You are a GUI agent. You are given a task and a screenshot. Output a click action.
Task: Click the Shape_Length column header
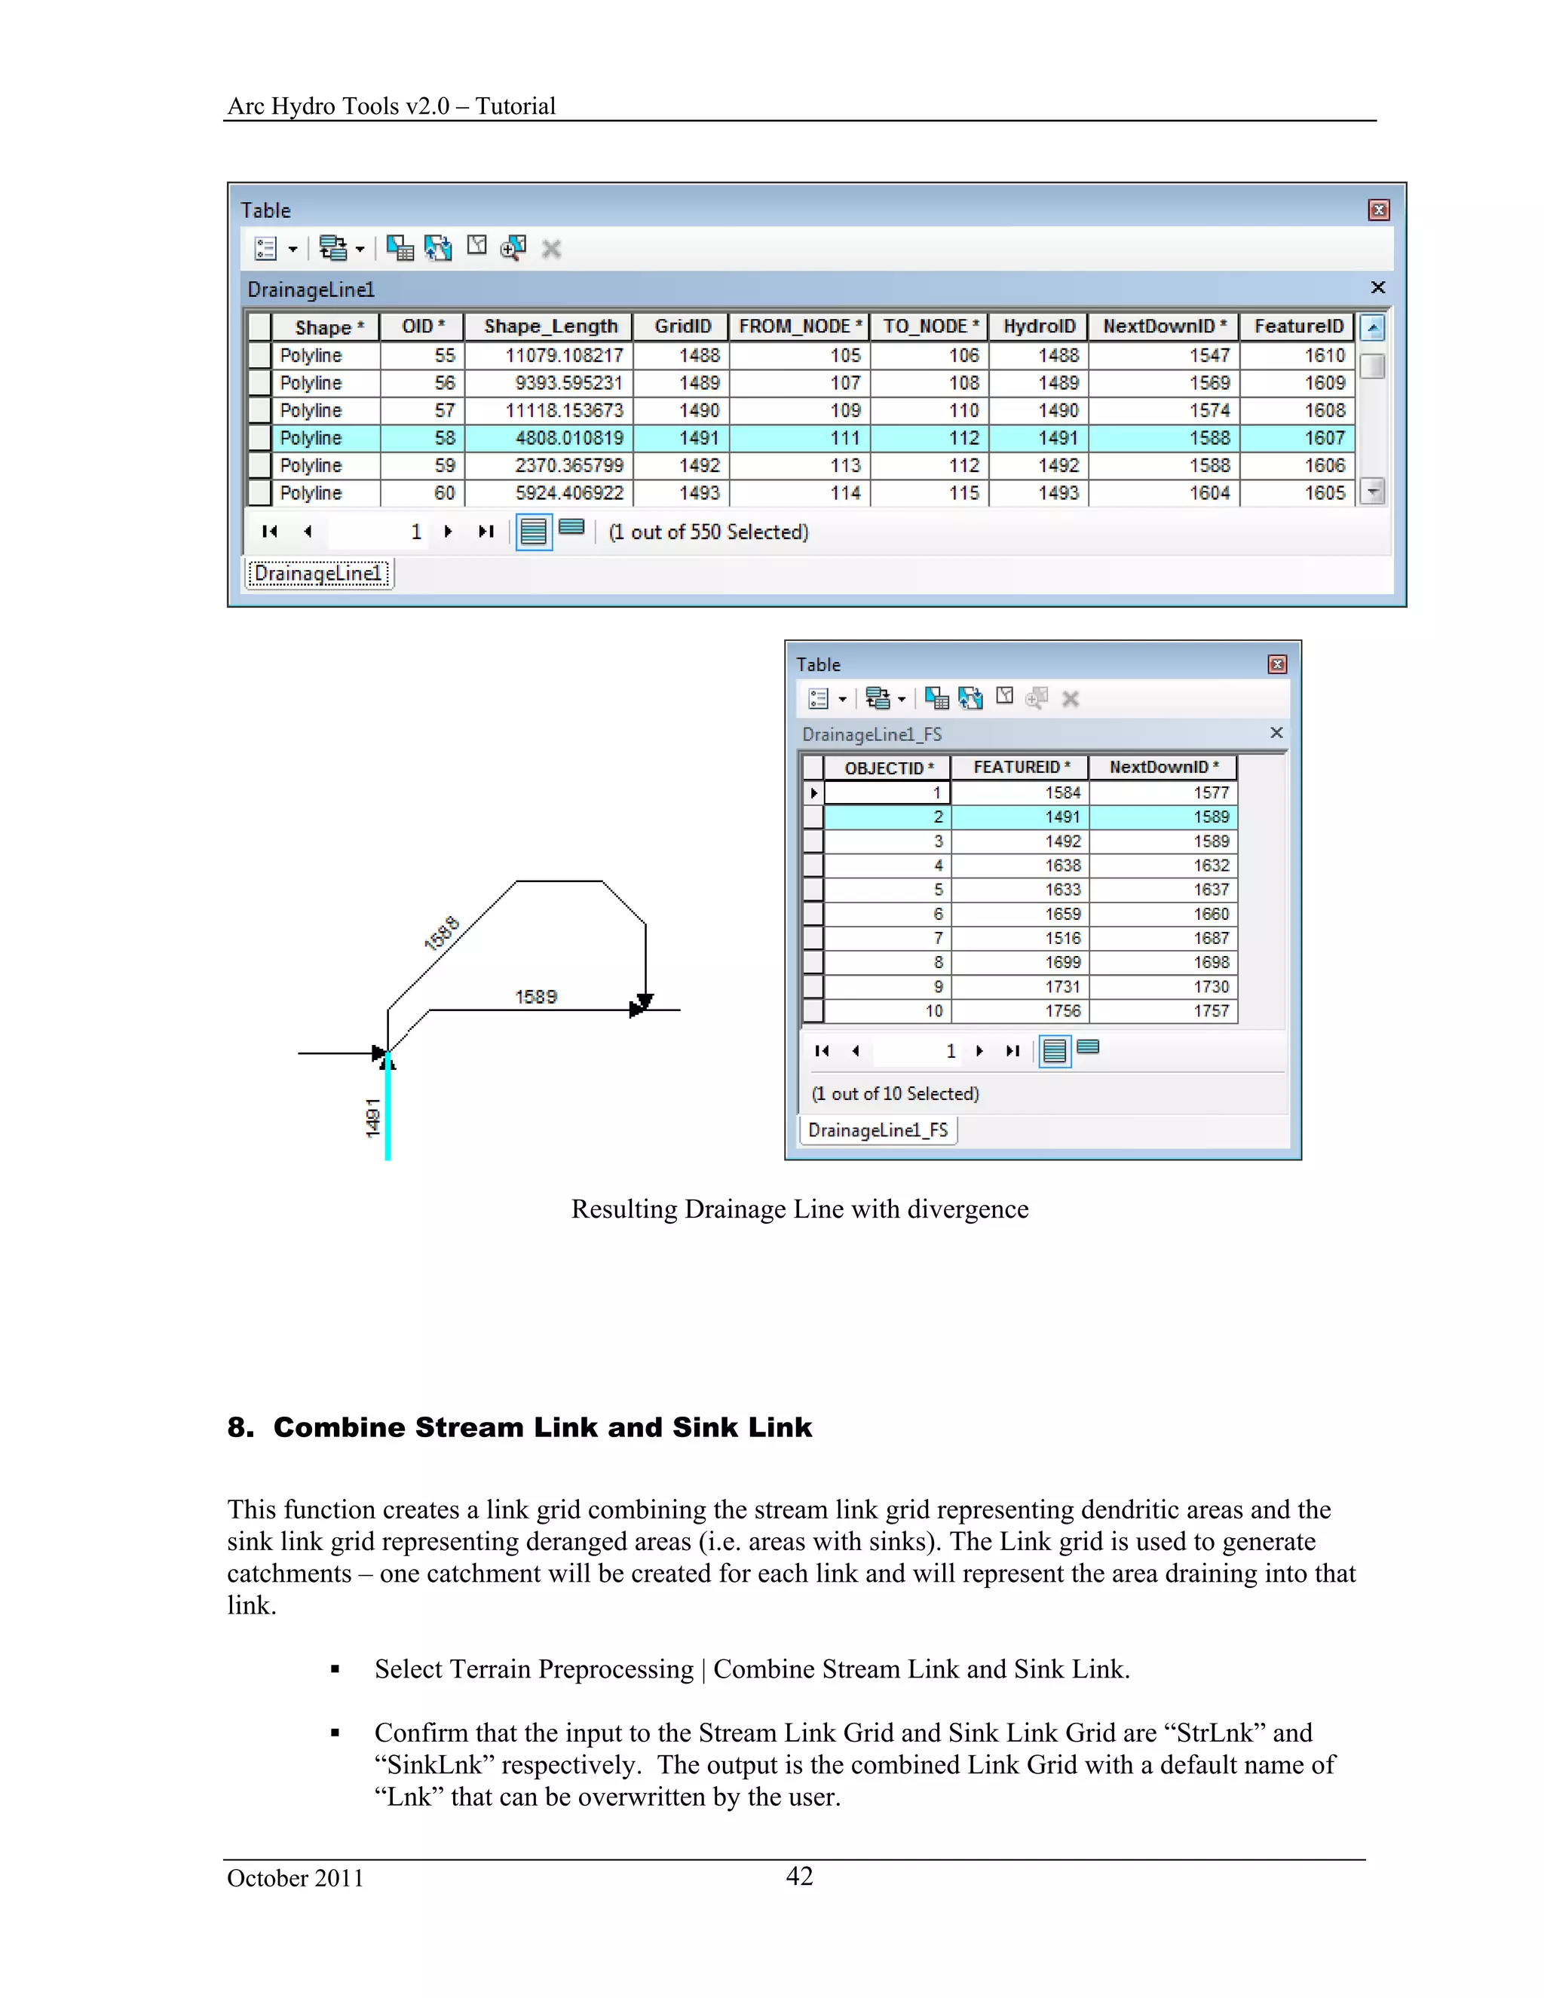[550, 326]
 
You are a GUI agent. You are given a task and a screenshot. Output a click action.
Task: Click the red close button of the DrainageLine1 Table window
[1378, 210]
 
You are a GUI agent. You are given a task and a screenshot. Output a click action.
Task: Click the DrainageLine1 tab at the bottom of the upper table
[317, 574]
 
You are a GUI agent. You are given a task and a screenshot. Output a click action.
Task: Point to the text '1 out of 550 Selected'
[709, 532]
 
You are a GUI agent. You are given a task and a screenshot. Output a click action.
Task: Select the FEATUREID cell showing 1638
[1062, 866]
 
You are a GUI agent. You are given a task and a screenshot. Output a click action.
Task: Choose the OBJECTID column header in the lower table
[887, 768]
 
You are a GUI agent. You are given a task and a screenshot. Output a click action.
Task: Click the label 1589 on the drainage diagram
[535, 996]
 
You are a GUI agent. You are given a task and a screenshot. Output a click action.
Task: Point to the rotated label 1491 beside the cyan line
[372, 1118]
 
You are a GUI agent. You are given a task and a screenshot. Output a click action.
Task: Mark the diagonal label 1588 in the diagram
[442, 933]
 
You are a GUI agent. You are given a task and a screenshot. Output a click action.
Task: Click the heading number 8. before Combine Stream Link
[240, 1427]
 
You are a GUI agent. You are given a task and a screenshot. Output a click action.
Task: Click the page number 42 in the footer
[798, 1877]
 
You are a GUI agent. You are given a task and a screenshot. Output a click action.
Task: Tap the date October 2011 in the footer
[295, 1878]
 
